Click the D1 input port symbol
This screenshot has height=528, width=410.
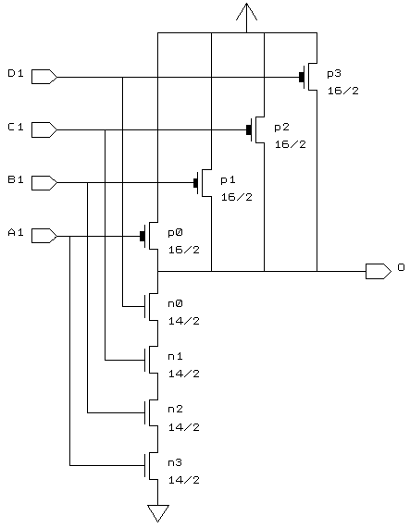(x=44, y=77)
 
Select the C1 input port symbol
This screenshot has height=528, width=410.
(x=44, y=129)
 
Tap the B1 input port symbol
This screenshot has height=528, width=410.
(x=44, y=183)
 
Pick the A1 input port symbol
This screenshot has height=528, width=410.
(x=44, y=236)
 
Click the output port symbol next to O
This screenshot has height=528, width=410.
(x=379, y=271)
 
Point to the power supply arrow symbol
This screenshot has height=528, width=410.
(x=246, y=14)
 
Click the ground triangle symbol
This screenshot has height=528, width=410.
(x=157, y=513)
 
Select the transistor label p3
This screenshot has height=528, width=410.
(x=334, y=74)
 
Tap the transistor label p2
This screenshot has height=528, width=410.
(x=281, y=128)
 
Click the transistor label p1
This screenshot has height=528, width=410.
(x=228, y=180)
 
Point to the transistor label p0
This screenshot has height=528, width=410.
(x=175, y=233)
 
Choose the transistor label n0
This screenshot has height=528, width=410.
(x=175, y=303)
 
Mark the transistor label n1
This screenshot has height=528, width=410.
(x=175, y=356)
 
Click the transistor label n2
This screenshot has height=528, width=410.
(x=175, y=409)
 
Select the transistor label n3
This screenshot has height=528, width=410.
(x=175, y=462)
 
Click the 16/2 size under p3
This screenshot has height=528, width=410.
(x=343, y=91)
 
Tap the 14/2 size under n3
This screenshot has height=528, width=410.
(x=184, y=480)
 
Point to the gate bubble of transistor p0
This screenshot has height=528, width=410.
(x=143, y=236)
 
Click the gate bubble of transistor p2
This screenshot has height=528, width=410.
(x=249, y=129)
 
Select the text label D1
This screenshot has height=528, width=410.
(x=16, y=73)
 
